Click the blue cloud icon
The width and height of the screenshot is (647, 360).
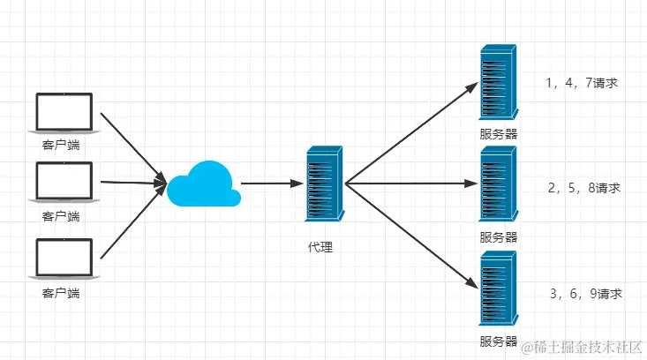204,184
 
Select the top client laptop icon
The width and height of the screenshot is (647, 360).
63,113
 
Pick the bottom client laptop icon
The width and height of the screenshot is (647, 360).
63,259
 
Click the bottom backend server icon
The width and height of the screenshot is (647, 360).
498,288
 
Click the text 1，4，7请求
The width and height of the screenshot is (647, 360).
582,84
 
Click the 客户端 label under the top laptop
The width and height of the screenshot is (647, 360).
61,145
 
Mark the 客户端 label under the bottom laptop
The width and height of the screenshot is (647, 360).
61,292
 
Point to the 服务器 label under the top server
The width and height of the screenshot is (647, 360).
498,134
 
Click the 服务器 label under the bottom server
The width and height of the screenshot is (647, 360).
498,341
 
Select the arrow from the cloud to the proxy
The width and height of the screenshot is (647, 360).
270,184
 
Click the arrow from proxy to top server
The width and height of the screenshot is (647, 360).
410,133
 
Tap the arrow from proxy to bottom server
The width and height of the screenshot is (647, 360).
410,236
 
